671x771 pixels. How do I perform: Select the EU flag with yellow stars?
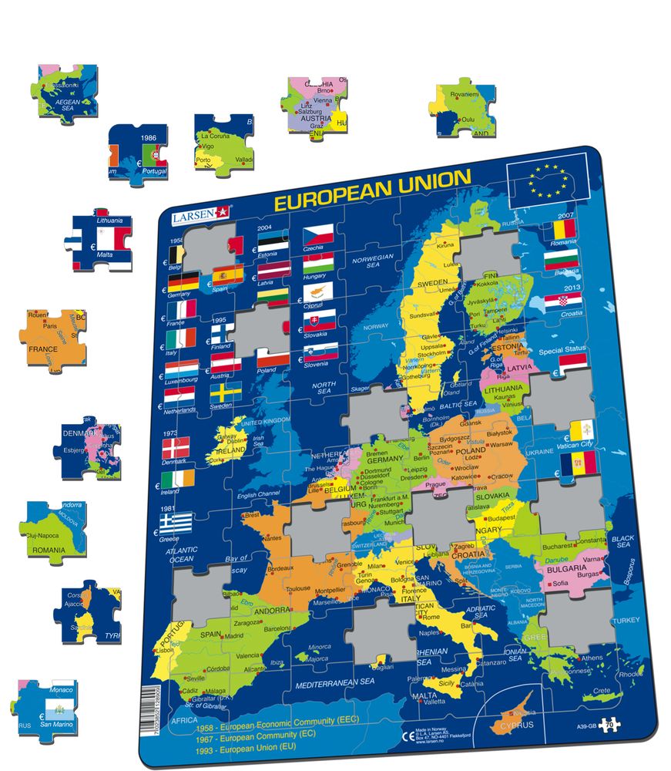click(x=547, y=182)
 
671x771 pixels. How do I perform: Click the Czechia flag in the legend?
click(x=318, y=234)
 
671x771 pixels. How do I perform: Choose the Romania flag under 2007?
click(x=559, y=229)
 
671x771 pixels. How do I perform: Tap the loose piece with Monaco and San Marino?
click(x=48, y=706)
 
